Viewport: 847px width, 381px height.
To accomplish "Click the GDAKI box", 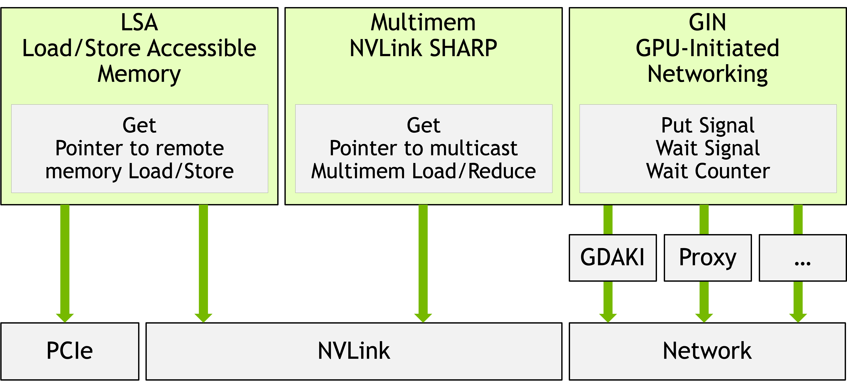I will pyautogui.click(x=612, y=258).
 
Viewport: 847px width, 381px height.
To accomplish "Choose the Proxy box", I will pyautogui.click(x=708, y=258).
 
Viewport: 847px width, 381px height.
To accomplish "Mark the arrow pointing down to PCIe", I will pyautogui.click(x=65, y=263).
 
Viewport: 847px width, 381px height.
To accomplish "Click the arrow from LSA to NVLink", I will pyautogui.click(x=203, y=263).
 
